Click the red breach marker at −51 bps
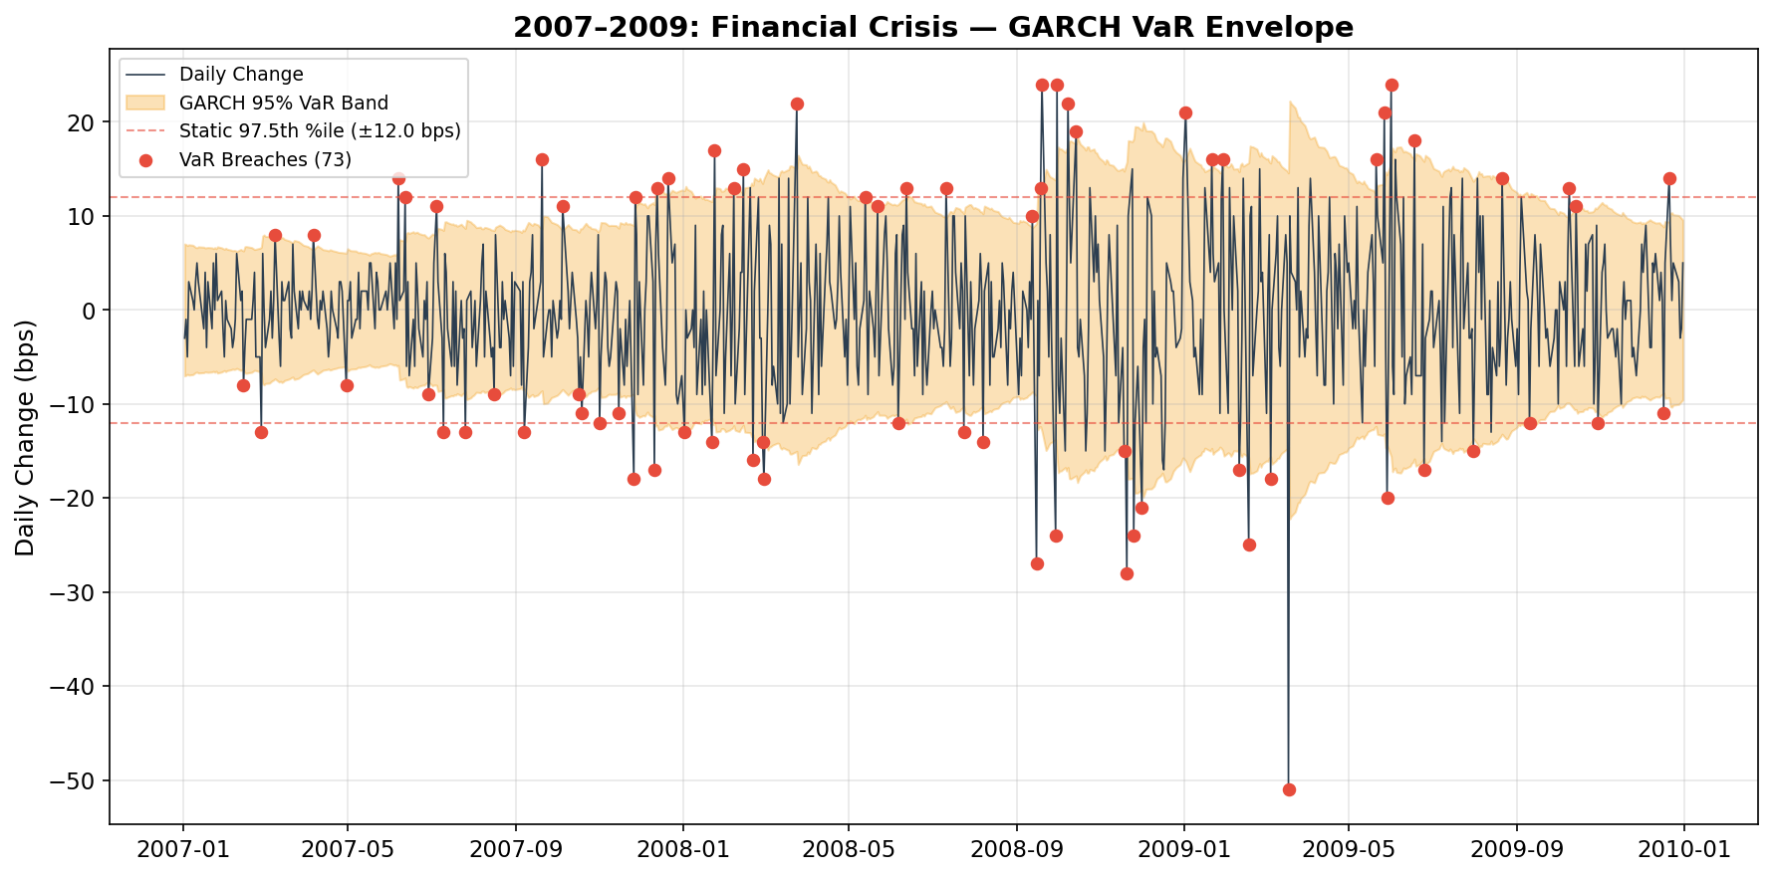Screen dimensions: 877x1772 [x=1289, y=789]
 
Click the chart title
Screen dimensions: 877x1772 [x=932, y=28]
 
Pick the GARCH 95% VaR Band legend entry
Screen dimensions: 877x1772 [x=283, y=104]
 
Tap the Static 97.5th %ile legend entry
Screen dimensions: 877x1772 [x=319, y=131]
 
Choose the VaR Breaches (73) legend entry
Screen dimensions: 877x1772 [x=265, y=160]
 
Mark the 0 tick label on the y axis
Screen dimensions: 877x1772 [x=90, y=311]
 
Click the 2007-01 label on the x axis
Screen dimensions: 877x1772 [x=182, y=850]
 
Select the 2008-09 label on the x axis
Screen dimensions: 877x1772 [x=1016, y=850]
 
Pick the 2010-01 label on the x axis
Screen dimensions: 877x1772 [x=1683, y=850]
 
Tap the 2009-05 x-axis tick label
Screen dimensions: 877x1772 [x=1348, y=850]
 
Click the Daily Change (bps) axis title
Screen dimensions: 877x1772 [x=26, y=438]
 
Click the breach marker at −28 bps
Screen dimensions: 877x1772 [x=1127, y=573]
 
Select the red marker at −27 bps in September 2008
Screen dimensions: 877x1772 [x=1037, y=563]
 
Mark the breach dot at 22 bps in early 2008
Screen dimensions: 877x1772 [x=797, y=104]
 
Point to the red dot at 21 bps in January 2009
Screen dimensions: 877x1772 [x=1185, y=112]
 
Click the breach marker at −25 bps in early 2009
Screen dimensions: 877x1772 [x=1249, y=545]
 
